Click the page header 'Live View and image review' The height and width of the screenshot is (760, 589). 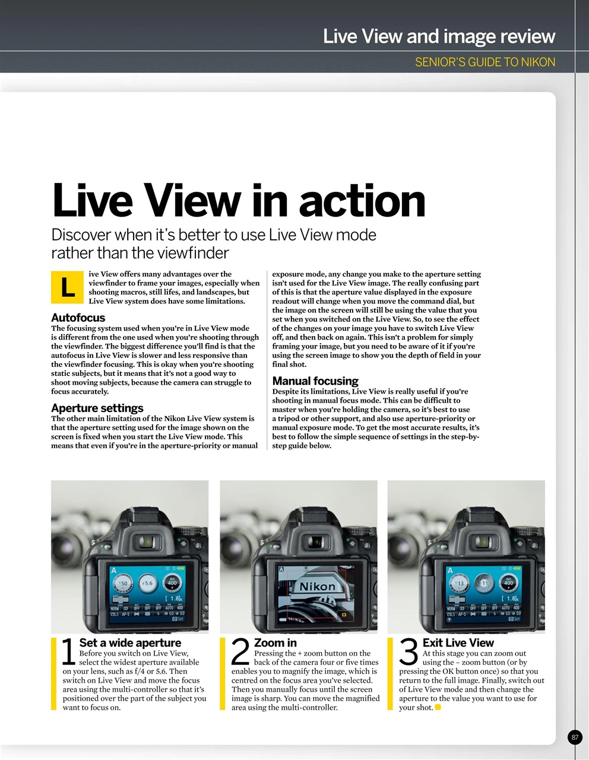tap(439, 37)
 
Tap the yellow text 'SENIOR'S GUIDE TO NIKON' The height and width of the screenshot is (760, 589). tap(484, 62)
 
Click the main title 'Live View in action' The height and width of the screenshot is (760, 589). tap(239, 200)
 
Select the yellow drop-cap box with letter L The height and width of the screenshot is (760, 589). tap(68, 287)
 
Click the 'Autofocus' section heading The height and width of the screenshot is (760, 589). tap(78, 318)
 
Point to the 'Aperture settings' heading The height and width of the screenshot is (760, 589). tap(97, 408)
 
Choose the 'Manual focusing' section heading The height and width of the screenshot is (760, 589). tap(315, 381)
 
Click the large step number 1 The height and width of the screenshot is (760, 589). tap(69, 652)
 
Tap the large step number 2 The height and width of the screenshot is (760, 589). tap(239, 652)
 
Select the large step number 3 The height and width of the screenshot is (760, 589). tap(408, 652)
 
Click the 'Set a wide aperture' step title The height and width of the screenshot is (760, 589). tap(130, 642)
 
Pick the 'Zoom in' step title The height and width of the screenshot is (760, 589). tap(275, 642)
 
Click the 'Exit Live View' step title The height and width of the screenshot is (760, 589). tap(458, 642)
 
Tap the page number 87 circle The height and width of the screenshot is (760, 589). tap(574, 737)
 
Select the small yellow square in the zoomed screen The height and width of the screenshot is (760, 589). tap(343, 615)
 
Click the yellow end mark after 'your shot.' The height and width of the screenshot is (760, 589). tap(438, 707)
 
